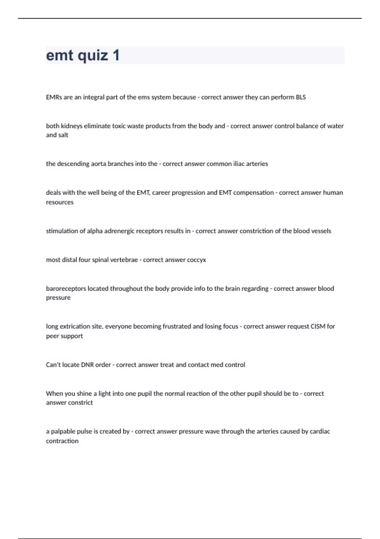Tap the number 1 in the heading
coord(116,55)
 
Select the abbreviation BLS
coord(301,97)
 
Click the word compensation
coord(253,193)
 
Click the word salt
coord(63,135)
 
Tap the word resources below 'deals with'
coord(60,202)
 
